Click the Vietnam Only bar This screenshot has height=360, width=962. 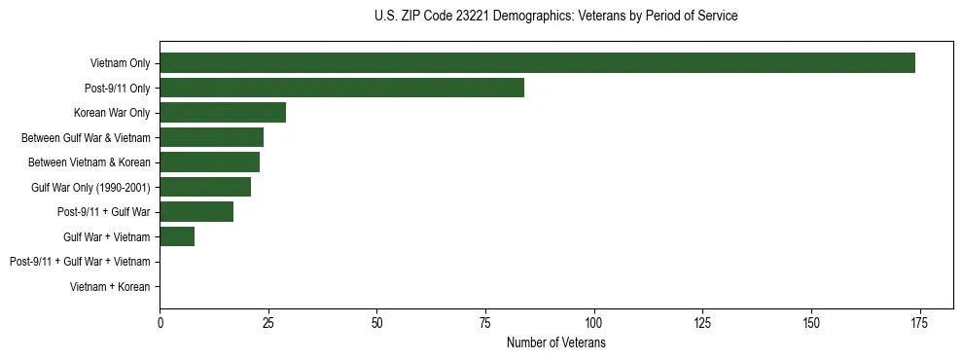click(x=537, y=63)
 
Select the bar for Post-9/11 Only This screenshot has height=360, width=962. click(x=341, y=89)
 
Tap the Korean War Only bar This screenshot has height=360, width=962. click(x=223, y=113)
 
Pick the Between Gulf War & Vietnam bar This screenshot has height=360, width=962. click(x=211, y=138)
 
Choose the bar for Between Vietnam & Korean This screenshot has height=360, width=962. click(x=209, y=162)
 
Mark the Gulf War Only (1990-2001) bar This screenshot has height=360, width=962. click(x=205, y=188)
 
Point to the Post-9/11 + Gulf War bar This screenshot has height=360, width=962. click(x=196, y=212)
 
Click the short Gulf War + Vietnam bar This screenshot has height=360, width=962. click(x=177, y=236)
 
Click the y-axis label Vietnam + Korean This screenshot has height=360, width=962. click(x=110, y=287)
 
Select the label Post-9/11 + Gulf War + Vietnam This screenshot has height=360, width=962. click(x=80, y=262)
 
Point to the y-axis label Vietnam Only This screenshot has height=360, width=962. click(x=120, y=64)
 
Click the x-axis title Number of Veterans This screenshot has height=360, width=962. click(x=556, y=343)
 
